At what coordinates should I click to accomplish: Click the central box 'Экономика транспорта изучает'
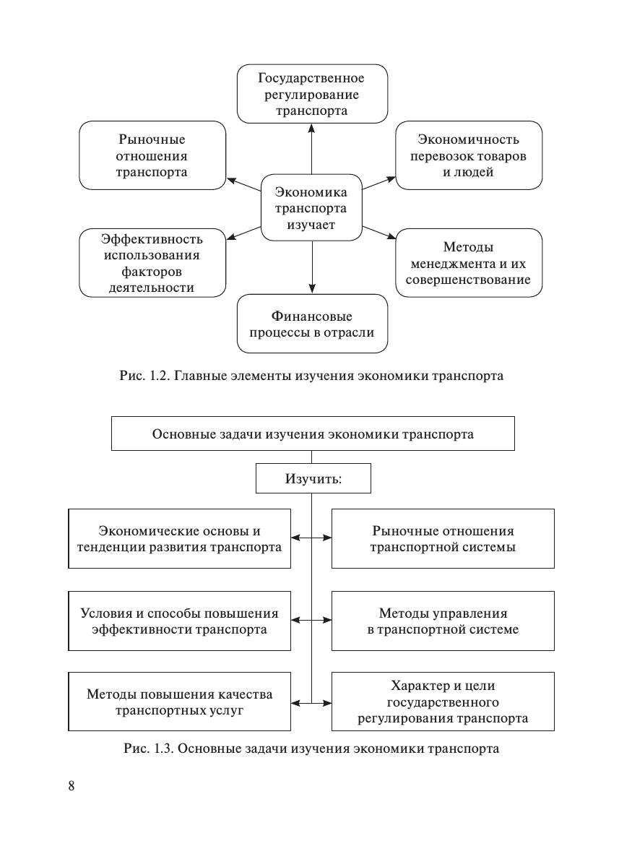[x=311, y=207]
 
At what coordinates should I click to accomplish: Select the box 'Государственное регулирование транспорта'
[x=312, y=94]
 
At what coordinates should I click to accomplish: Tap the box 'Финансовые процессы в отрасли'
[x=312, y=324]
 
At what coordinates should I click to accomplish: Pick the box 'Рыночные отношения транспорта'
[x=152, y=155]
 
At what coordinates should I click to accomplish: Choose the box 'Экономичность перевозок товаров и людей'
[x=469, y=155]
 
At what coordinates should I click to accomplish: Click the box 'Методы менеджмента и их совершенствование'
[x=469, y=262]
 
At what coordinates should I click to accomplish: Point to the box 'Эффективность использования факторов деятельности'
[x=152, y=262]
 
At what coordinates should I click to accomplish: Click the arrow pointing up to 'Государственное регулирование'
[x=312, y=149]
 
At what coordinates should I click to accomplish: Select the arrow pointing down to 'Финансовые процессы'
[x=312, y=267]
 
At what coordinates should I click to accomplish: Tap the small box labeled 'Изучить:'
[x=313, y=478]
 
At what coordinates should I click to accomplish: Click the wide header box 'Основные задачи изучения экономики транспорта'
[x=313, y=434]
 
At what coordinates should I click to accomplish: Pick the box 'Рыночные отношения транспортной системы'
[x=443, y=539]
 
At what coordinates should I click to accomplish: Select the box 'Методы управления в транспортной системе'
[x=443, y=621]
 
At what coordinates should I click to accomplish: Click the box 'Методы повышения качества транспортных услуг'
[x=180, y=702]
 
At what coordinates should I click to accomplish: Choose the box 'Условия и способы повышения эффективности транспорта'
[x=180, y=621]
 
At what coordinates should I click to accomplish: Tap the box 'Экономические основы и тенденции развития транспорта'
[x=180, y=539]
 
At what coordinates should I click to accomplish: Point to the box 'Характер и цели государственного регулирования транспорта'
[x=443, y=702]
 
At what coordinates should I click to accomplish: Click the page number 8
[x=72, y=786]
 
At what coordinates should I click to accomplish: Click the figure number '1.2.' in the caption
[x=158, y=376]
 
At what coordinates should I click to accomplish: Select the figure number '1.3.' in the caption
[x=163, y=749]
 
